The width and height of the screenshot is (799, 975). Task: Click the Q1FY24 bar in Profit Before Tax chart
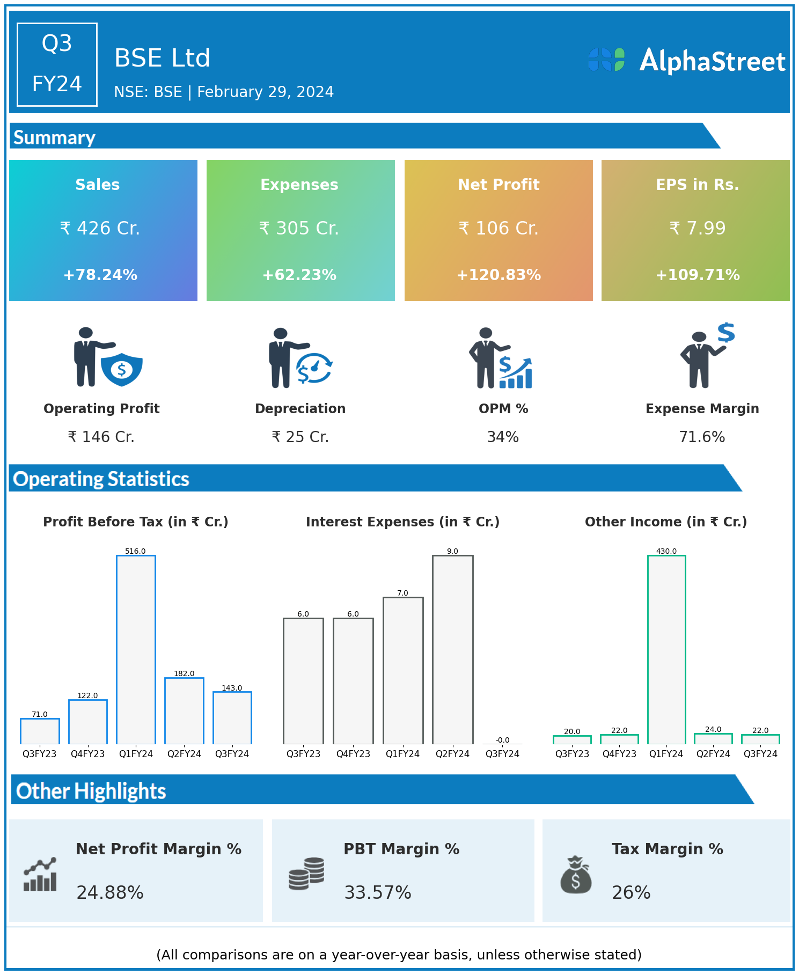(x=136, y=649)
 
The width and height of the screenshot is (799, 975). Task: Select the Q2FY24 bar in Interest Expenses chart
(x=452, y=649)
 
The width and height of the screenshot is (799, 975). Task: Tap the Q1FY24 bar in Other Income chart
(x=666, y=649)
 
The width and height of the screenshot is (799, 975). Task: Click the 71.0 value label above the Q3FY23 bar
(x=40, y=714)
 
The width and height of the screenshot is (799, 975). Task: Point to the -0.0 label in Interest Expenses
(x=502, y=740)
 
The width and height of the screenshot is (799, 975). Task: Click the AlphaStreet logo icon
(x=606, y=60)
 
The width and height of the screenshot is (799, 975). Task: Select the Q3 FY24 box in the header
(x=57, y=64)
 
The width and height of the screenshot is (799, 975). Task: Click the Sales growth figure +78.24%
(x=100, y=275)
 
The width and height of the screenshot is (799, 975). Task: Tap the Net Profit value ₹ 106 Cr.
(x=499, y=228)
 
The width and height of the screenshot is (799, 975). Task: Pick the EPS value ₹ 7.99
(x=698, y=228)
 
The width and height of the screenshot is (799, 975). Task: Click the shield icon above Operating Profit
(x=122, y=369)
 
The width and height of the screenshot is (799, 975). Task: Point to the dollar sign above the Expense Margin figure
(x=726, y=333)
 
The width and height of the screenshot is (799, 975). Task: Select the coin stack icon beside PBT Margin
(x=306, y=874)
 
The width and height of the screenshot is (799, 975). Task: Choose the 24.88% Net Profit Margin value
(x=110, y=892)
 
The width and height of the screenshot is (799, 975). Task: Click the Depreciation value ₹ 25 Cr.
(x=300, y=437)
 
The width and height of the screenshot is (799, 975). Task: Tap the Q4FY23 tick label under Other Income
(x=619, y=754)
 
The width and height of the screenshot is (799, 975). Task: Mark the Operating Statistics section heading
(x=101, y=479)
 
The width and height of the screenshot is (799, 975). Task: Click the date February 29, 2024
(x=266, y=92)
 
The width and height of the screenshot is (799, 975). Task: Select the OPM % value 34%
(x=503, y=437)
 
